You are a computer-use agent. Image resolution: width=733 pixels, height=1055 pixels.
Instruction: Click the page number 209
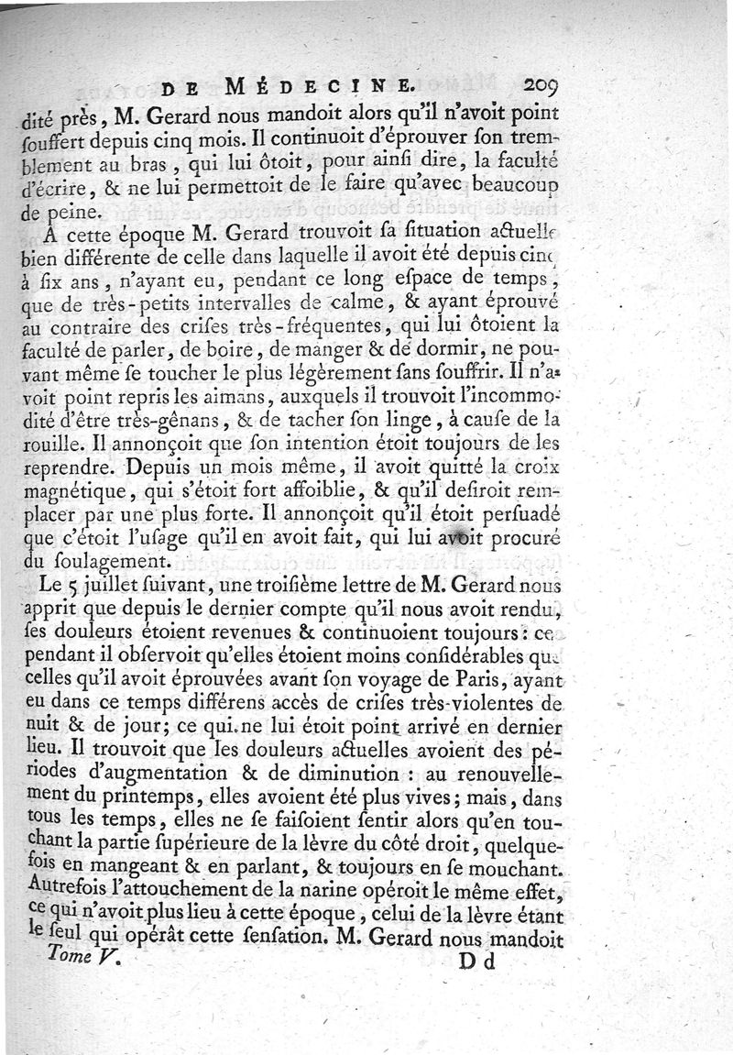[547, 89]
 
